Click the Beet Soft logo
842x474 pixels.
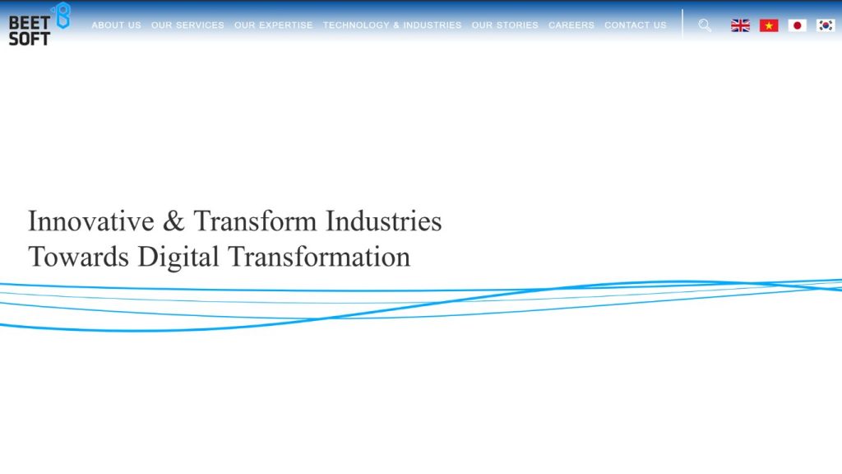(x=38, y=25)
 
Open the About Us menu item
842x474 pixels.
(x=116, y=26)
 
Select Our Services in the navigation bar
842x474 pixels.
(x=187, y=26)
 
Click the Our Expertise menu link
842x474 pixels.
(x=273, y=26)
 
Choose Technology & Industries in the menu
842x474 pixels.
(x=392, y=26)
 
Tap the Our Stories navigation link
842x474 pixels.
(x=505, y=26)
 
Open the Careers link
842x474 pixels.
(x=571, y=26)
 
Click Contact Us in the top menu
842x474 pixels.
(x=636, y=26)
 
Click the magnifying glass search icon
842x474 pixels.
(x=705, y=26)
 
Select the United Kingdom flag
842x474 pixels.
(x=741, y=26)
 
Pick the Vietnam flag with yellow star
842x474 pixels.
(x=769, y=26)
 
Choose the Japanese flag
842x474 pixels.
(x=798, y=26)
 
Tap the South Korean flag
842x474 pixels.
(x=826, y=26)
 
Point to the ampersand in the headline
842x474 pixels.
(x=173, y=221)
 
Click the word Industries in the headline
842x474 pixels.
(x=383, y=221)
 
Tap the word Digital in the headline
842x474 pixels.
(x=178, y=257)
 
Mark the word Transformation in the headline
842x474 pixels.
(x=319, y=257)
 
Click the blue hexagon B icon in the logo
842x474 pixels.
(x=61, y=16)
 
